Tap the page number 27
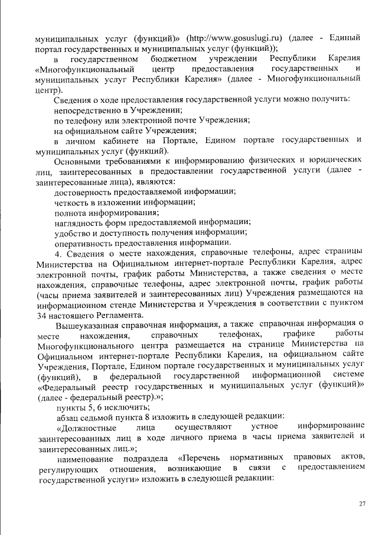click(362, 502)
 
